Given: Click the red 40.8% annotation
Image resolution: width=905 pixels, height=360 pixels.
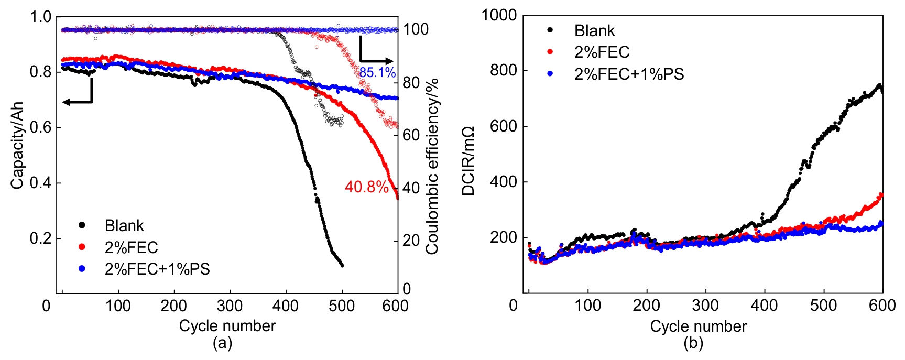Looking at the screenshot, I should tap(366, 187).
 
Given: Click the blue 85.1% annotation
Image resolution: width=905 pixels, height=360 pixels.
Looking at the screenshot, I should tap(377, 72).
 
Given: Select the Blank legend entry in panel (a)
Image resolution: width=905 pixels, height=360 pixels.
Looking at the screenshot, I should tap(124, 225).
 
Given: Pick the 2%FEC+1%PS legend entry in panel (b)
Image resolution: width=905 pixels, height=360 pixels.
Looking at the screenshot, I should tap(629, 74).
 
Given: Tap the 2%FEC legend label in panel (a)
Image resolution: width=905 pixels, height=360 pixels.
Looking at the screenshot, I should tap(131, 247).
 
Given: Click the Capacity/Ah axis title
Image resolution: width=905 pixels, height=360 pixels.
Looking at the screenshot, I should tap(17, 146).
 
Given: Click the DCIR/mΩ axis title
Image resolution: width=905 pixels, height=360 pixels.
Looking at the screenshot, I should tap(468, 161).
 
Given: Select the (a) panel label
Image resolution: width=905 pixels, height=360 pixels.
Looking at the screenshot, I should tap(222, 343).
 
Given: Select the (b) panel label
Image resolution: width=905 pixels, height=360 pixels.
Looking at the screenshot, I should tap(693, 343).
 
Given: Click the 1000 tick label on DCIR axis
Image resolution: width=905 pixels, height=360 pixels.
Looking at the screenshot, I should tap(499, 15).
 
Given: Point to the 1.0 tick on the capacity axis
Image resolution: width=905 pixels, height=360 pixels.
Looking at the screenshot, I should tap(40, 17).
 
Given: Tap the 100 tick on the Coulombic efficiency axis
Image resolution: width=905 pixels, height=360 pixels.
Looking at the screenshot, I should tap(416, 29).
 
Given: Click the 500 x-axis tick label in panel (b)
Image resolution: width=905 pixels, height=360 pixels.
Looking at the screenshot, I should tap(823, 305).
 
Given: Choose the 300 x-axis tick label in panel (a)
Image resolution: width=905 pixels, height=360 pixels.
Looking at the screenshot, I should tap(230, 306).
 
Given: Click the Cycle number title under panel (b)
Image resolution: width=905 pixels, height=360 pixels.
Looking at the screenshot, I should tap(698, 326).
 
